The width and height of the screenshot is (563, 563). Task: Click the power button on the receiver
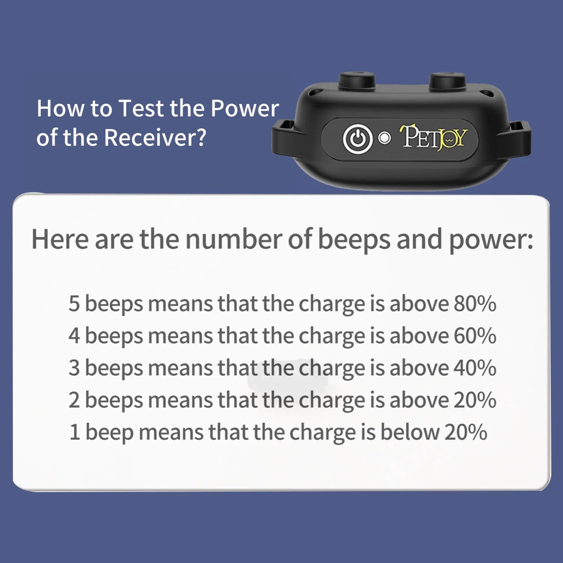pyautogui.click(x=357, y=138)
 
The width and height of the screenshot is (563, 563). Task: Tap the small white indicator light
pyautogui.click(x=384, y=138)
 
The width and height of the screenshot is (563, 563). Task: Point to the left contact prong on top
pyautogui.click(x=357, y=81)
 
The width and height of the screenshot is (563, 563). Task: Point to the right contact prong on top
pyautogui.click(x=447, y=81)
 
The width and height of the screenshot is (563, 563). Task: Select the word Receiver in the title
pyautogui.click(x=155, y=137)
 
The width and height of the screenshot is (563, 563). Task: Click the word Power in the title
pyautogui.click(x=244, y=108)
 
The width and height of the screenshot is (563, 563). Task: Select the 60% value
pyautogui.click(x=475, y=336)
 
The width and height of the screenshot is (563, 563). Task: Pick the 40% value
pyautogui.click(x=475, y=368)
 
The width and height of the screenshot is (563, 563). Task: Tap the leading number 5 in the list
pyautogui.click(x=74, y=304)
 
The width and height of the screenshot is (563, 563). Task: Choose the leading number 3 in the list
pyautogui.click(x=74, y=368)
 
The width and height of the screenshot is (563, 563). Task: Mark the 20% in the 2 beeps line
pyautogui.click(x=475, y=400)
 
